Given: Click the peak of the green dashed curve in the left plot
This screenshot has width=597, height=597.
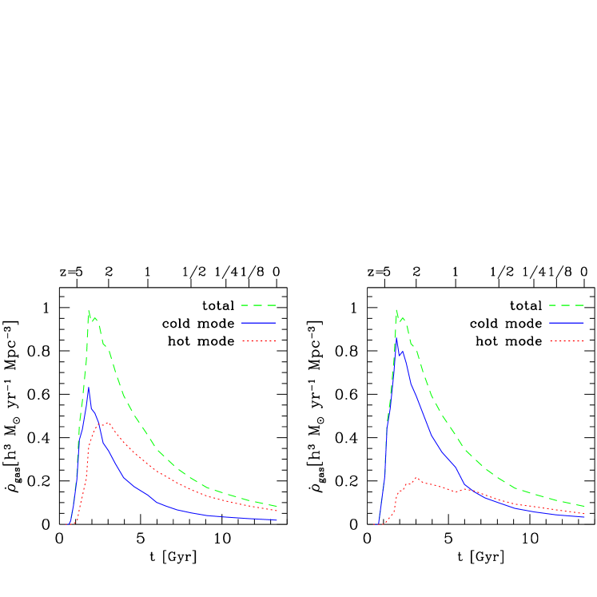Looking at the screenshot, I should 89,311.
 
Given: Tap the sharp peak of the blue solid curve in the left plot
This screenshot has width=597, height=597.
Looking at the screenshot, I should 89,388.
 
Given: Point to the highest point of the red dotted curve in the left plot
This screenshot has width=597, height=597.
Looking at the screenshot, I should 107,423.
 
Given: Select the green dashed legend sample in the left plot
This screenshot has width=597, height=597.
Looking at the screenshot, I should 258,305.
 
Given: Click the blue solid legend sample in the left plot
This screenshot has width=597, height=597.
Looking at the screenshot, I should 258,323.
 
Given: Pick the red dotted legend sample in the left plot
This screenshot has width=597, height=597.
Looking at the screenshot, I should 258,340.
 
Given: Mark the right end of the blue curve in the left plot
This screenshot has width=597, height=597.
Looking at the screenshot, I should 277,519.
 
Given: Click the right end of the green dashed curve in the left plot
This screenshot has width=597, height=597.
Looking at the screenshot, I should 277,506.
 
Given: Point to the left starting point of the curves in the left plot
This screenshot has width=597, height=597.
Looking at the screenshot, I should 66,525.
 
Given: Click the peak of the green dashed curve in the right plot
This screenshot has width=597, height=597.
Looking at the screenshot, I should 396,310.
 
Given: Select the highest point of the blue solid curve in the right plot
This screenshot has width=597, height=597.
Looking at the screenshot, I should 396,339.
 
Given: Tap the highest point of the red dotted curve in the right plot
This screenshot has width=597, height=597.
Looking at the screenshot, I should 416,478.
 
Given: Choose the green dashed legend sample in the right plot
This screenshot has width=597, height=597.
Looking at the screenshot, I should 567,305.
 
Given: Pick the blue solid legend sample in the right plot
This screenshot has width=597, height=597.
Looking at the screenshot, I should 567,323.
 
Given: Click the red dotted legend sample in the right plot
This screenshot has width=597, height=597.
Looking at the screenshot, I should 567,340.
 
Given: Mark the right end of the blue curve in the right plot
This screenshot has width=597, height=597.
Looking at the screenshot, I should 585,516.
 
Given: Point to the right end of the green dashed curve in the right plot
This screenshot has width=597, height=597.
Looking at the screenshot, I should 585,506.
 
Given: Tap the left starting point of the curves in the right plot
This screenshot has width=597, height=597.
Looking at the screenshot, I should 374,525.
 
